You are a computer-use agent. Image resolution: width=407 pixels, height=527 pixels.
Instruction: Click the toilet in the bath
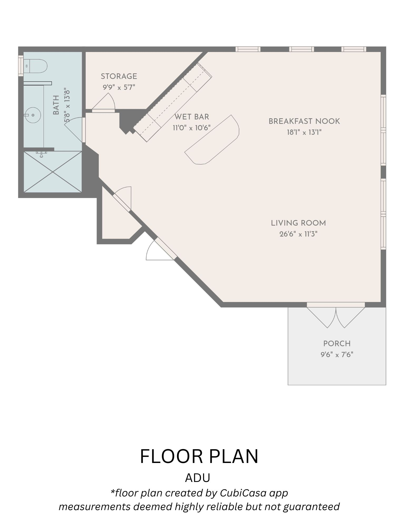click(x=35, y=66)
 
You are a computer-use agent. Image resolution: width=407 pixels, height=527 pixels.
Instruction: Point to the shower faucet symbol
click(x=41, y=154)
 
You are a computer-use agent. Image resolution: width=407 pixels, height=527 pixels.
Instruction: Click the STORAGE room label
click(x=119, y=76)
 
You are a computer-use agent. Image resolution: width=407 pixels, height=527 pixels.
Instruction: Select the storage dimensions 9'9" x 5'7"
click(x=119, y=87)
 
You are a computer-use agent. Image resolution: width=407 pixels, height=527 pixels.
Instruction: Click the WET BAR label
click(x=192, y=117)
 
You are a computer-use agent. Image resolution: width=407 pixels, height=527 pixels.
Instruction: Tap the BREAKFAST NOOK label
click(x=304, y=121)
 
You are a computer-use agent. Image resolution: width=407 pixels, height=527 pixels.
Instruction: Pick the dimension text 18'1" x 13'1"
click(x=304, y=132)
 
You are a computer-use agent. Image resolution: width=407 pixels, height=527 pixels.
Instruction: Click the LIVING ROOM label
click(x=298, y=223)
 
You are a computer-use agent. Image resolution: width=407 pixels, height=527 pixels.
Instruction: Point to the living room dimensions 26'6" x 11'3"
click(x=298, y=234)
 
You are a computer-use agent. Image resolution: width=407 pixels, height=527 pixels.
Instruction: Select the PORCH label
click(x=337, y=344)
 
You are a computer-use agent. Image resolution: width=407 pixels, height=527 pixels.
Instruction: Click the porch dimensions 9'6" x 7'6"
click(x=337, y=354)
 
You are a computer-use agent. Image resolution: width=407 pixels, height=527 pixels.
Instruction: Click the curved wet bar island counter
click(x=212, y=140)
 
